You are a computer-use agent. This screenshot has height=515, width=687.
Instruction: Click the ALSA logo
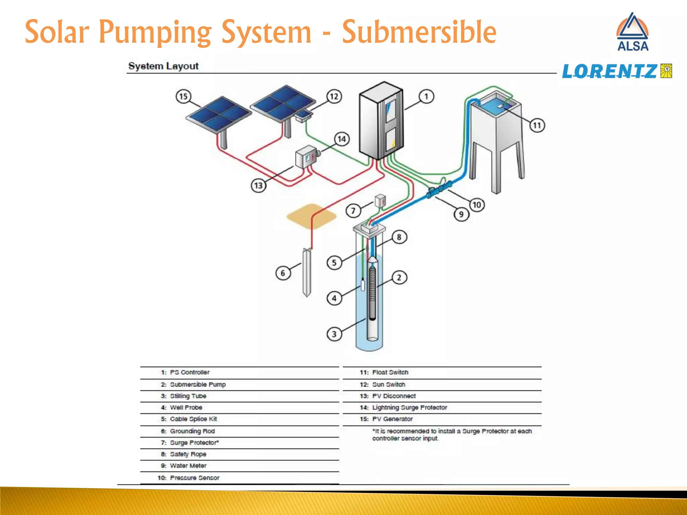633,33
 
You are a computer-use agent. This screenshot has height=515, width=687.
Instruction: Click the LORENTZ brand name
609,71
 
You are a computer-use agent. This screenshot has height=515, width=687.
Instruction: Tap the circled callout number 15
183,97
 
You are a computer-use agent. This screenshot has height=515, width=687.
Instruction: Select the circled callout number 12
334,97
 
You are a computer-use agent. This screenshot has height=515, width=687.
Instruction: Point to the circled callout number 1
426,97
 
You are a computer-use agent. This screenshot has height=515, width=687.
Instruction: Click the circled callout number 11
537,125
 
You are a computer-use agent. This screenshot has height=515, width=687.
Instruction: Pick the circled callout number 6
283,273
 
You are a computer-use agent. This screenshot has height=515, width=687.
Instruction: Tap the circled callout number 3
334,334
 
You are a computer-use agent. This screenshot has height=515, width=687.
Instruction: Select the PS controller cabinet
381,121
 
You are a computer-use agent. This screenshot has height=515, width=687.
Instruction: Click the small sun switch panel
304,116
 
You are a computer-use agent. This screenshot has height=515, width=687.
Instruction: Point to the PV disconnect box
306,157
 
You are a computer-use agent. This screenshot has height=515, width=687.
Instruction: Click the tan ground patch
311,216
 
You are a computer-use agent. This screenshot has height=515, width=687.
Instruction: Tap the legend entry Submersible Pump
198,385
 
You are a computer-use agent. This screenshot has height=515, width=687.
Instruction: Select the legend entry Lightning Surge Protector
409,407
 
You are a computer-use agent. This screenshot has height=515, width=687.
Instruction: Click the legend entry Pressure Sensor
194,478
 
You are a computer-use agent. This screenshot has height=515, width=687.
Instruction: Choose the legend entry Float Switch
390,373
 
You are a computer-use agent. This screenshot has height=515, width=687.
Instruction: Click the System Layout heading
163,66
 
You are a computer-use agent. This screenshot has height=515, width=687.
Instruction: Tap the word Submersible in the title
419,33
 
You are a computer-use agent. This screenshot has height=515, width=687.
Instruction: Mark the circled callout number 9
461,214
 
